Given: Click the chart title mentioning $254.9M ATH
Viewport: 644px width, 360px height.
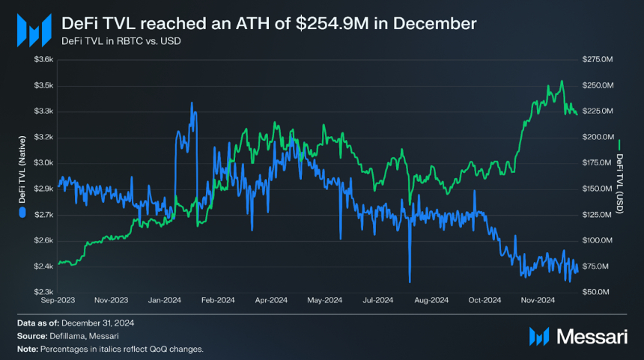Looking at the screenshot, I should coord(268,23).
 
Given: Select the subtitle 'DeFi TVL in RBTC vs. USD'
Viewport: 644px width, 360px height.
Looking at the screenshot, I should coord(121,40).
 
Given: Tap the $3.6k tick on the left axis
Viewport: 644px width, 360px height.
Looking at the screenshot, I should coord(43,59).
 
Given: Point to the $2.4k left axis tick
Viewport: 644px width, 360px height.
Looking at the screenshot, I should coord(43,266).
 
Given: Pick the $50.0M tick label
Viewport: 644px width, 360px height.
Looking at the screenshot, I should coord(599,292).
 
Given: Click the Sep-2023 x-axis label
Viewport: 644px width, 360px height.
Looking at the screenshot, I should coord(58,301).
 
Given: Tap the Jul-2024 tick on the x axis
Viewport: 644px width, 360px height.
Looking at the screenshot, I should coord(378,301).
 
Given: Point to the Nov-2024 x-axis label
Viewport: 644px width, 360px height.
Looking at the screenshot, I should coord(538,301).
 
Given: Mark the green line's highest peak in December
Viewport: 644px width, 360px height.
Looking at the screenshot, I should coord(561,82).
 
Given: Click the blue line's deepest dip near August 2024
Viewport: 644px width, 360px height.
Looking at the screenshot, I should coord(410,281).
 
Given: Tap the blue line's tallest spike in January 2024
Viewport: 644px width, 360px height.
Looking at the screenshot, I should coord(192,103).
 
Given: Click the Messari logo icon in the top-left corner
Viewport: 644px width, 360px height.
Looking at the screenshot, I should coord(34,29).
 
